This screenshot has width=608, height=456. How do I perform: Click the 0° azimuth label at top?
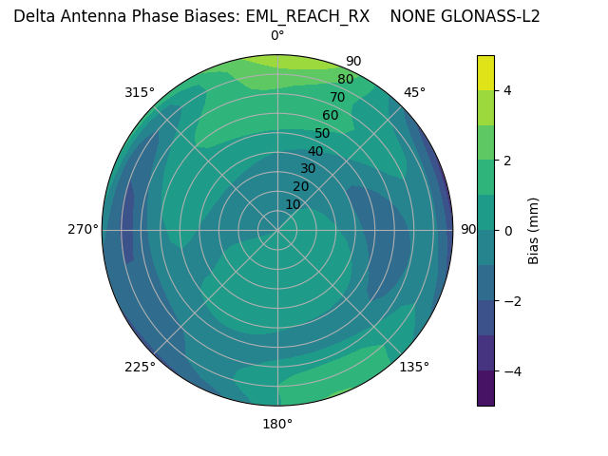(x=277, y=36)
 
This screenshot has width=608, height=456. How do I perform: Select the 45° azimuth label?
(x=414, y=92)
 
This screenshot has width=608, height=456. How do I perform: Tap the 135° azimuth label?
(x=414, y=367)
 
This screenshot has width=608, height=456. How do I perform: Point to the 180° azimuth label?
(x=277, y=424)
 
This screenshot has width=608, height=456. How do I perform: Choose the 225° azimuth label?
(x=140, y=367)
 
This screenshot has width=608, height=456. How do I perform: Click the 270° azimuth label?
(x=83, y=229)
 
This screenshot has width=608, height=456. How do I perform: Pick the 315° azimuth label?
(x=140, y=92)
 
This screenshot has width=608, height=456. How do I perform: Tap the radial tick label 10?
(x=294, y=204)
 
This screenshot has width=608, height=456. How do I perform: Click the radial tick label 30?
(x=308, y=169)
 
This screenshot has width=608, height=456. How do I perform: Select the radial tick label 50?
(x=322, y=134)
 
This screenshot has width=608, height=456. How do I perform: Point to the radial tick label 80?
(x=345, y=80)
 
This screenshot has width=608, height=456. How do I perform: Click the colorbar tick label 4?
(x=507, y=90)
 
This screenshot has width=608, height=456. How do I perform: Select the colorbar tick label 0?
(x=507, y=230)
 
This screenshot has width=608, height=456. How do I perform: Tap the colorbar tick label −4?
(x=508, y=370)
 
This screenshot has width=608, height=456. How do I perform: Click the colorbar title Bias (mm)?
(x=534, y=230)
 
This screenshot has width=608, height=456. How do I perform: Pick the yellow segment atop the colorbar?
(x=485, y=72)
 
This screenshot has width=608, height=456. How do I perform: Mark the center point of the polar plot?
(x=277, y=230)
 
